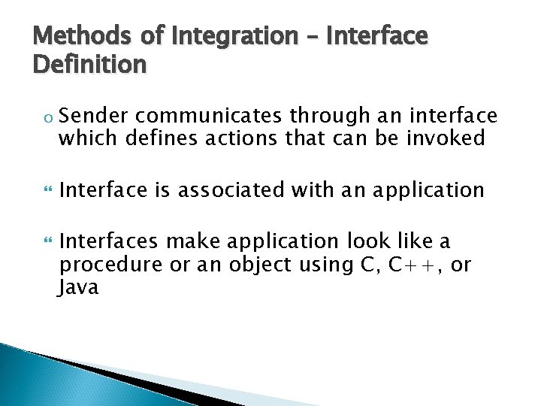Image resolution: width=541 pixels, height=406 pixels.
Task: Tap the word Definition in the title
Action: [90, 65]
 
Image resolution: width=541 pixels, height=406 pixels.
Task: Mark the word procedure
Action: [104, 265]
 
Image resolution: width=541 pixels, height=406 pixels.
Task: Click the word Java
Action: [79, 288]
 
